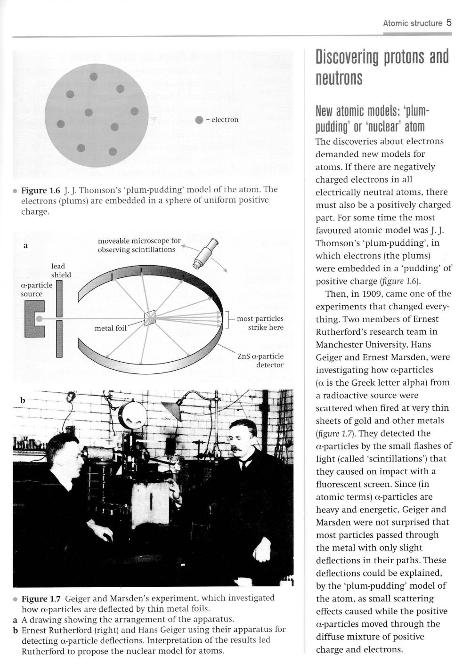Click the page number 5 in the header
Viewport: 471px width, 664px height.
(449, 22)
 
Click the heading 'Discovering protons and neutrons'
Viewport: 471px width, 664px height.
(382, 67)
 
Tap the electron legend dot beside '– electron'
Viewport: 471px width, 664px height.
(199, 120)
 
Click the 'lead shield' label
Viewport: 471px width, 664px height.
(61, 270)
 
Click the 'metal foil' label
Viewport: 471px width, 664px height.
(111, 328)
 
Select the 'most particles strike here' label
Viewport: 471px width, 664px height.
(260, 323)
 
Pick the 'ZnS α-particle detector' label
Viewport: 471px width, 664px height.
(260, 360)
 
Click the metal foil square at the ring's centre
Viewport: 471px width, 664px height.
(149, 318)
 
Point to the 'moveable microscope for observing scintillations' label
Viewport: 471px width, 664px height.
(139, 245)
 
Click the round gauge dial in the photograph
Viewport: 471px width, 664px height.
(133, 415)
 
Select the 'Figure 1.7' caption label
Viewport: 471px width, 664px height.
(41, 599)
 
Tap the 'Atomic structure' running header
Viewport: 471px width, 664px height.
(412, 23)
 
